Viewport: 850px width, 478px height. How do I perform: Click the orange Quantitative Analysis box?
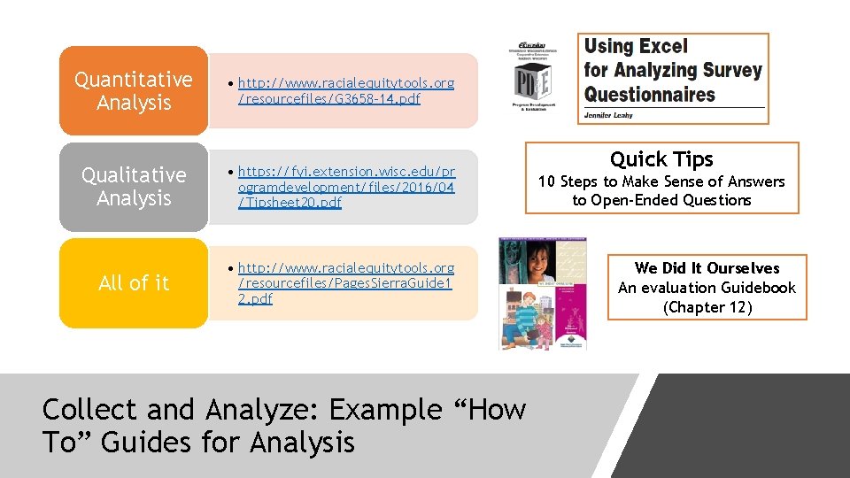(134, 91)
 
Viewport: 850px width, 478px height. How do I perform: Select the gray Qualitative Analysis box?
(134, 187)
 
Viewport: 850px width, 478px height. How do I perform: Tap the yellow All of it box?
(134, 283)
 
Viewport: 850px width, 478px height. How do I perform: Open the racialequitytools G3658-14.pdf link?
(345, 90)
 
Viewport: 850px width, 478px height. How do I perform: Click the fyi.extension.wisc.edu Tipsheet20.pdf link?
(345, 187)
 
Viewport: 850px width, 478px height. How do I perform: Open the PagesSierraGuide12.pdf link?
(345, 283)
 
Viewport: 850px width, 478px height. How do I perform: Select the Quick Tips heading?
(661, 159)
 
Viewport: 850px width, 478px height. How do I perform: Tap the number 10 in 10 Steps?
(547, 181)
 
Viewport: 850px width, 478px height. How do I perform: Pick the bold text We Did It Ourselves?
(707, 268)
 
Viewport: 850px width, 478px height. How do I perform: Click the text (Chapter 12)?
(707, 307)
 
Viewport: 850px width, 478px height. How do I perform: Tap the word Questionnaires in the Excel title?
(649, 94)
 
